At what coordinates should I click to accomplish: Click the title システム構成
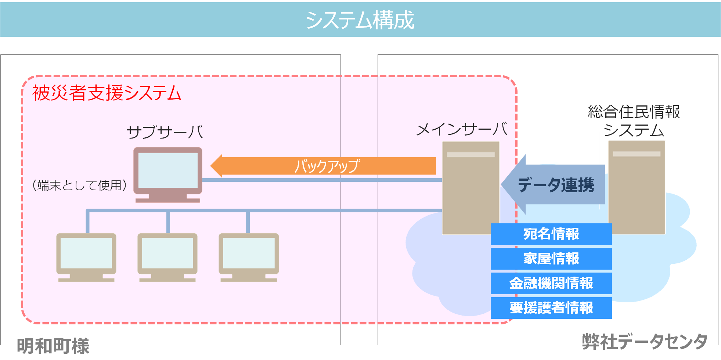click(360, 20)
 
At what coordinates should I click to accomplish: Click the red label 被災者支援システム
click(107, 93)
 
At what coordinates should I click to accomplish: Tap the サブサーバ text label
click(165, 132)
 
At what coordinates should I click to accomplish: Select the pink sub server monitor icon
click(168, 173)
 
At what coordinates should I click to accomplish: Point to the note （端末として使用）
click(79, 185)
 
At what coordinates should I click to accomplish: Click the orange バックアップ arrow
click(323, 166)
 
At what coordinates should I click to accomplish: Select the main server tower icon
click(471, 187)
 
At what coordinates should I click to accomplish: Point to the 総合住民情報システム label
click(634, 121)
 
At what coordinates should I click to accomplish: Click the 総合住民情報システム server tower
click(637, 187)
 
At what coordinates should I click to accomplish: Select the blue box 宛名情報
click(551, 234)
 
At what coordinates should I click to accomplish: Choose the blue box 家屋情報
click(551, 259)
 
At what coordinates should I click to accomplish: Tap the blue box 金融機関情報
click(551, 283)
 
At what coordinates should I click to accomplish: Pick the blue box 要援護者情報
click(551, 308)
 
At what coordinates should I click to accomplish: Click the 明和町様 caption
click(53, 346)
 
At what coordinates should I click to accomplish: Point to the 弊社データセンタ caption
click(645, 342)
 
